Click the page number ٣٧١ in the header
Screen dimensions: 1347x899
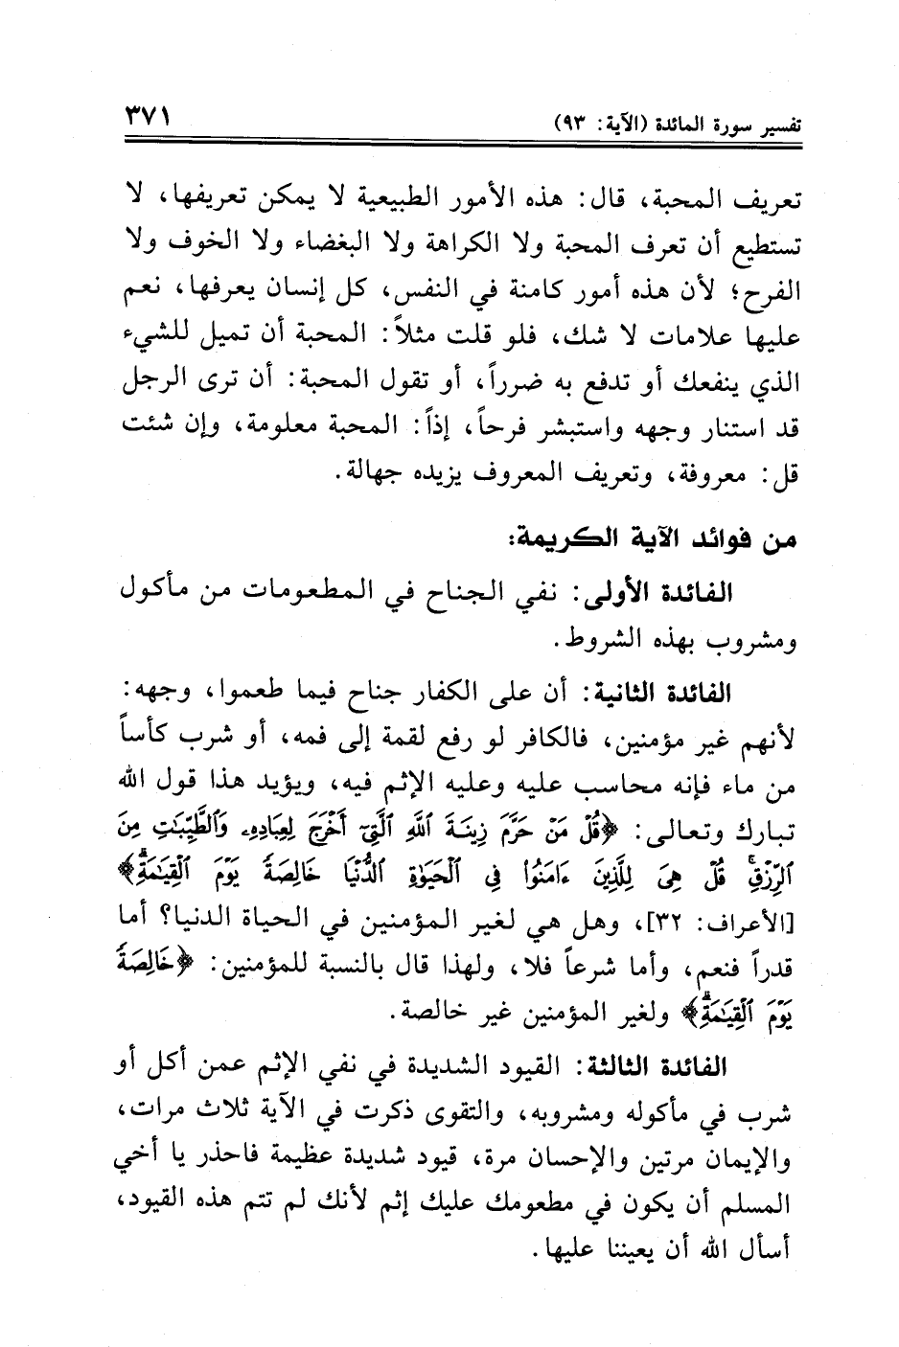click(x=147, y=122)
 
